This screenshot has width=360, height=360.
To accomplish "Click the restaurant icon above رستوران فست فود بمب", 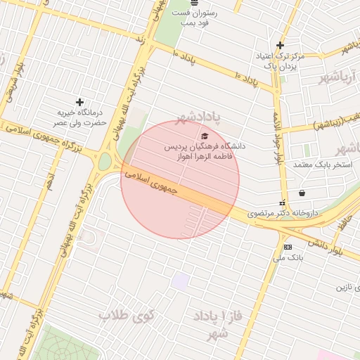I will coord(194,3).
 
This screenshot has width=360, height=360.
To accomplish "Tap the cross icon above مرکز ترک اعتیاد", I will coord(280,45).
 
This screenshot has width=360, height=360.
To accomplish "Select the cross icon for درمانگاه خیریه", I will coord(79,103).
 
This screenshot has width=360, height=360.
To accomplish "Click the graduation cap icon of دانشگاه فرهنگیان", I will coord(205,136).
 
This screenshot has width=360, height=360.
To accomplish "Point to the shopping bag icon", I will coord(302,193).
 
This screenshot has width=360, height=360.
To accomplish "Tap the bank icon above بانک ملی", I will coord(288,247).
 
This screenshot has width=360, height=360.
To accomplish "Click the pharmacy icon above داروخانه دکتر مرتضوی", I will coord(283,203).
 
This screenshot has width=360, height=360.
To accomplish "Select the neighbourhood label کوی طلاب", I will coord(127,315).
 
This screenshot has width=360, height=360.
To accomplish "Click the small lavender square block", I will coord(181,281).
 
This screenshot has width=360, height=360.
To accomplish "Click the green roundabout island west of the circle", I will coord(104,162).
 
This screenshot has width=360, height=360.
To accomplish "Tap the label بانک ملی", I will coord(288,258).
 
